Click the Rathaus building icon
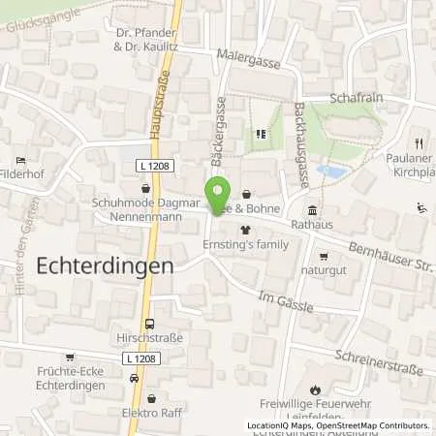312,210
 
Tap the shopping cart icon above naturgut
323,257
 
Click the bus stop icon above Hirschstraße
148,325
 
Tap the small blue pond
330,171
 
